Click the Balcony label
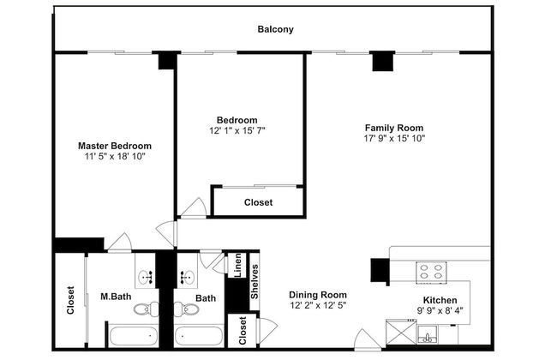click(x=275, y=29)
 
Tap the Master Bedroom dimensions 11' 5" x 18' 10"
click(x=115, y=156)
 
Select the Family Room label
click(x=394, y=128)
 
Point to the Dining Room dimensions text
click(x=318, y=305)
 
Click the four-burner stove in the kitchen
click(x=431, y=273)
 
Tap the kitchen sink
click(x=428, y=335)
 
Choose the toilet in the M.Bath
click(x=147, y=309)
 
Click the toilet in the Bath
click(x=187, y=309)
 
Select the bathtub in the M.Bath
click(x=134, y=336)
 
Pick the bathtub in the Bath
click(x=199, y=336)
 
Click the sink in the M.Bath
click(x=146, y=276)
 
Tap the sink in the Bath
click(x=187, y=276)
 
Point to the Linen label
click(x=237, y=265)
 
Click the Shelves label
click(x=255, y=282)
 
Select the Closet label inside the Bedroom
click(x=258, y=202)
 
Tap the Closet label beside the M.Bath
click(x=70, y=300)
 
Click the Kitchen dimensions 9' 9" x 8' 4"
click(x=440, y=311)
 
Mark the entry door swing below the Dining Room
click(x=367, y=339)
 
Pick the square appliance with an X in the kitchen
click(x=401, y=332)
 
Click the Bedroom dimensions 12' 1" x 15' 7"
click(x=237, y=131)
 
